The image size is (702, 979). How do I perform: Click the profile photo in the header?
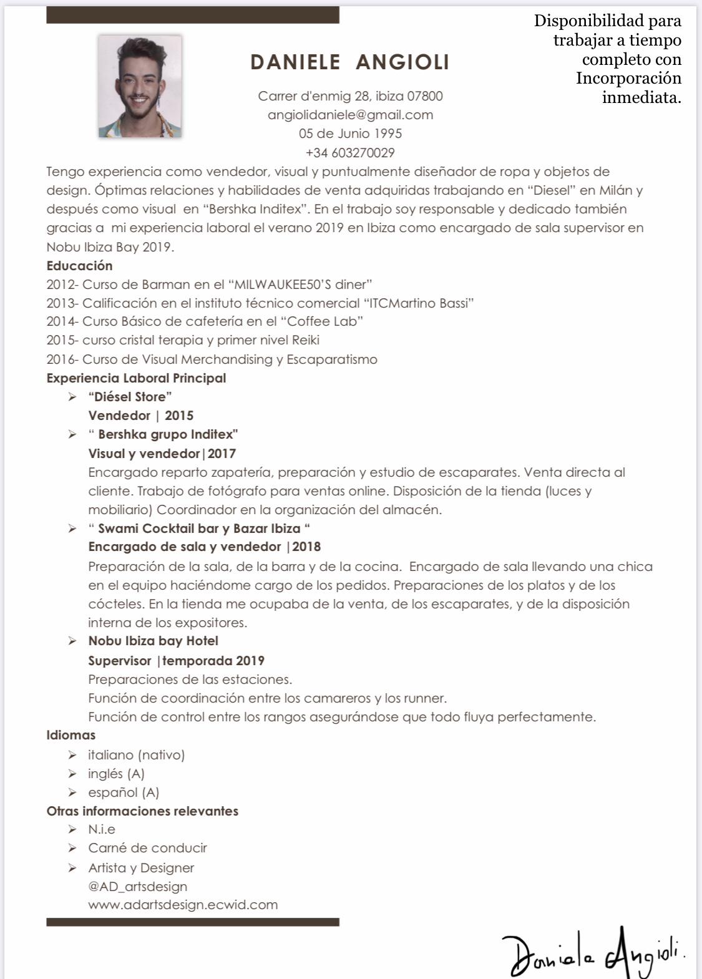[x=140, y=86]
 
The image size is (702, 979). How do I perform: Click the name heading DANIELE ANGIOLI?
[x=349, y=62]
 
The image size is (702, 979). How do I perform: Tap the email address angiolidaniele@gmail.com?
[x=350, y=115]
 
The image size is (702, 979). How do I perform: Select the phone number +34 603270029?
[x=350, y=153]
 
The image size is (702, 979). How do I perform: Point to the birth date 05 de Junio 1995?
[x=350, y=134]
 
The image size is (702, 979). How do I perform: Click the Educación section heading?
[x=79, y=266]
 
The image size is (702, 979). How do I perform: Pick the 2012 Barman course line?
[x=210, y=285]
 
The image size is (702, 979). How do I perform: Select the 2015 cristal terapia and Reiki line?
[x=183, y=340]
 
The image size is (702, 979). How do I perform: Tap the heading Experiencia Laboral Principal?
[x=136, y=378]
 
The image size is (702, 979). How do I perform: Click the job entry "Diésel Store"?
[x=130, y=397]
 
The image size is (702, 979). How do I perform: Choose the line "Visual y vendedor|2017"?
[x=162, y=454]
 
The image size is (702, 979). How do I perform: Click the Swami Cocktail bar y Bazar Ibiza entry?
[x=199, y=528]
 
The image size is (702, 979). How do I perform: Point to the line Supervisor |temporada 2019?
[x=176, y=661]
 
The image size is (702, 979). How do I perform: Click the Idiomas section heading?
[x=71, y=735]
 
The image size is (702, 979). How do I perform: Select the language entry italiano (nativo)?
[x=136, y=755]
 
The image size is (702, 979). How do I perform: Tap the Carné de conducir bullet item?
[x=147, y=848]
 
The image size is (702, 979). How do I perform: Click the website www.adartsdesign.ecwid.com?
[x=183, y=905]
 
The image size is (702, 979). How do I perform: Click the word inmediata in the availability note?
[x=641, y=98]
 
